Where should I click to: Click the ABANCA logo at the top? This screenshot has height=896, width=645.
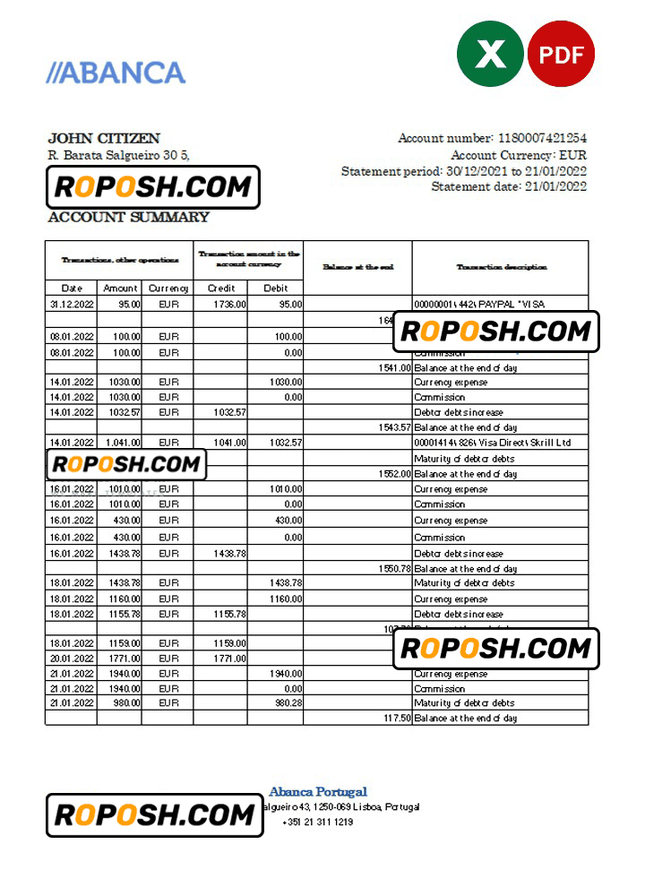pyautogui.click(x=116, y=73)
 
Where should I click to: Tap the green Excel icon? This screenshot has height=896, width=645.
pyautogui.click(x=490, y=54)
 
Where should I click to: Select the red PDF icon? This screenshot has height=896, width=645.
pyautogui.click(x=561, y=54)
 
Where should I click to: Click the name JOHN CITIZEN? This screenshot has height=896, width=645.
pyautogui.click(x=104, y=139)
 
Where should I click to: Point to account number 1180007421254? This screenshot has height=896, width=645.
pyautogui.click(x=543, y=138)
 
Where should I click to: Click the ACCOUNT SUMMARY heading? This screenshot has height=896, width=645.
pyautogui.click(x=128, y=217)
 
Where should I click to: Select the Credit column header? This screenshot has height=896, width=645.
pyautogui.click(x=220, y=289)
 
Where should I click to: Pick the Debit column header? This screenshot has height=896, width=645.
pyautogui.click(x=275, y=289)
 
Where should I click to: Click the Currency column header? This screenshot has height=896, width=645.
pyautogui.click(x=168, y=289)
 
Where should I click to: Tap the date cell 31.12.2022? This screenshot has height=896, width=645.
pyautogui.click(x=72, y=305)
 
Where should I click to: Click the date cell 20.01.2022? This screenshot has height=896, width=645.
pyautogui.click(x=72, y=659)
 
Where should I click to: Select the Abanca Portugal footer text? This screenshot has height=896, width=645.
pyautogui.click(x=318, y=792)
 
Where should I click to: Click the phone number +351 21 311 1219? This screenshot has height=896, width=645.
pyautogui.click(x=317, y=823)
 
